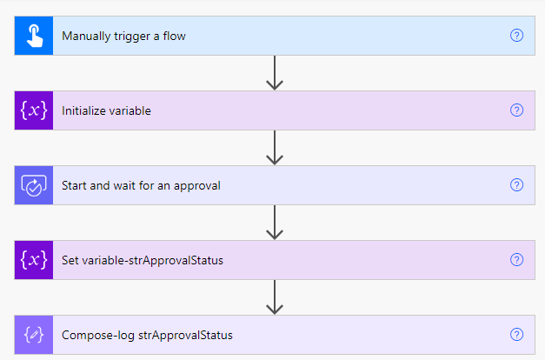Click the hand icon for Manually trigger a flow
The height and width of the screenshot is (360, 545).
click(35, 36)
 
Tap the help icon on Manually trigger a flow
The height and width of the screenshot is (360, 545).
click(516, 36)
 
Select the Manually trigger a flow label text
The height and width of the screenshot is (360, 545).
click(123, 37)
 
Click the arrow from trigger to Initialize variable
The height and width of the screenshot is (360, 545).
click(275, 73)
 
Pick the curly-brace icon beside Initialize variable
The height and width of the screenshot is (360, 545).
click(34, 110)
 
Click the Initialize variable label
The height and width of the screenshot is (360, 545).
click(106, 110)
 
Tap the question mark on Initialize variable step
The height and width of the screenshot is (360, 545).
click(516, 110)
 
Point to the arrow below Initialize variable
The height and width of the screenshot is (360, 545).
click(275, 148)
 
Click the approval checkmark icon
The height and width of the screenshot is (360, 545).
click(34, 185)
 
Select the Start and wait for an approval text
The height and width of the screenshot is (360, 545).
click(141, 186)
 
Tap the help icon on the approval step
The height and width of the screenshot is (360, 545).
click(516, 185)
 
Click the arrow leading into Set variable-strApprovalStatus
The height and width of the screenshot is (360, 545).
click(275, 223)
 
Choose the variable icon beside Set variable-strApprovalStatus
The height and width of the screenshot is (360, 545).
click(34, 260)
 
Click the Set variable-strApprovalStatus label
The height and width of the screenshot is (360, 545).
click(143, 261)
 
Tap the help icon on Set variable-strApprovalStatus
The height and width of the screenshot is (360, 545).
click(516, 260)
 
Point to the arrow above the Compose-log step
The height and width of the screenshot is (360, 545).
click(275, 297)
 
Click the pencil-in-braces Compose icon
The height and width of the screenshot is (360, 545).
click(34, 335)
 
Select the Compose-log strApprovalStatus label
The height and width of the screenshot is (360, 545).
click(147, 336)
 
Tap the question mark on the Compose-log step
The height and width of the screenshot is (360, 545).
click(516, 335)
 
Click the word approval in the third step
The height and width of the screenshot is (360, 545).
click(197, 186)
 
